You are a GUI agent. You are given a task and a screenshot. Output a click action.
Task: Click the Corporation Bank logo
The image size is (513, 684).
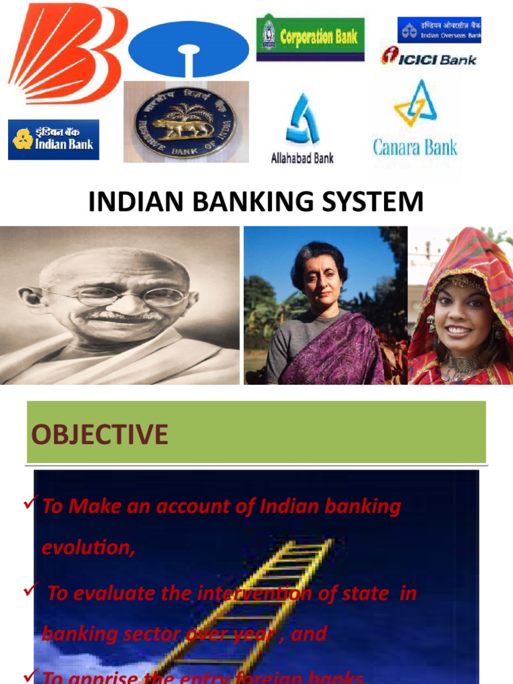(311, 37)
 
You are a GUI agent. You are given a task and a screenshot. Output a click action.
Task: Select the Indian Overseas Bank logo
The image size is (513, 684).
(439, 29)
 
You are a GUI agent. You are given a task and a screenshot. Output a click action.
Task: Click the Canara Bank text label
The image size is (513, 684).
(415, 147)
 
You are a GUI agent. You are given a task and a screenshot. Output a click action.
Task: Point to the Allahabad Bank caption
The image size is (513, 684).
(302, 158)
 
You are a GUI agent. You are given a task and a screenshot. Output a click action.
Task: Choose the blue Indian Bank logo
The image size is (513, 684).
(53, 140)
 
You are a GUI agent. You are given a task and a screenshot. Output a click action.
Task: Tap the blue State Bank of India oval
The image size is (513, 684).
(188, 51)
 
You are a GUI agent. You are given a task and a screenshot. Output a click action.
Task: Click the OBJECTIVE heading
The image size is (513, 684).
(99, 435)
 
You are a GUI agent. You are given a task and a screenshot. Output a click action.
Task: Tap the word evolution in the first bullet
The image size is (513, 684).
(88, 547)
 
